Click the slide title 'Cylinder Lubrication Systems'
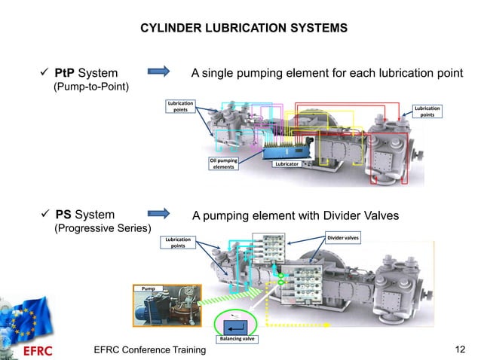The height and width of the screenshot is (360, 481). [244, 28]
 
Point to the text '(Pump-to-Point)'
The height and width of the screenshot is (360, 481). [90, 87]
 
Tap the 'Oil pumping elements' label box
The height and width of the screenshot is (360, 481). [223, 163]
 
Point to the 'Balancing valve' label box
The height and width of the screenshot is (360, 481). [237, 340]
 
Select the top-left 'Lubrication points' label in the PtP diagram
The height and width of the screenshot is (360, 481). [181, 106]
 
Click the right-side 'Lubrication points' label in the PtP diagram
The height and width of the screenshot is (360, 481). [427, 111]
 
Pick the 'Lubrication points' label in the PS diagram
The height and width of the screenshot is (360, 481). [178, 242]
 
